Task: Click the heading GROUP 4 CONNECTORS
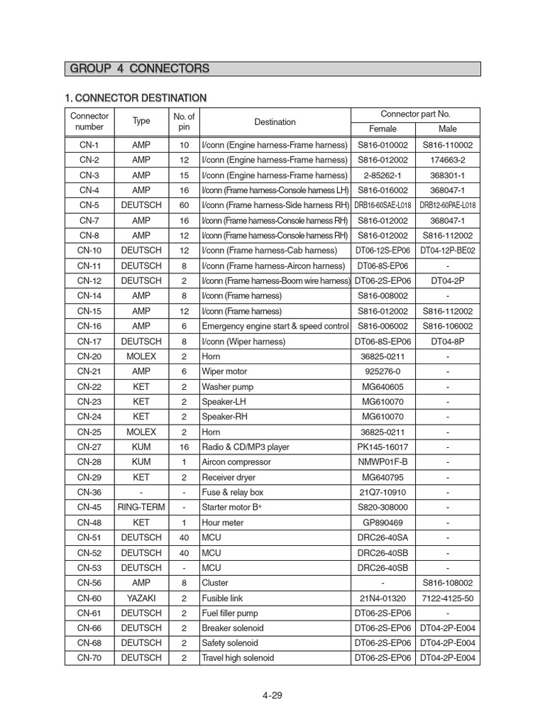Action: [x=139, y=69]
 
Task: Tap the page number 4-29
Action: [x=272, y=695]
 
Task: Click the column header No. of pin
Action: [x=184, y=121]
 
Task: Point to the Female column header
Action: [x=382, y=129]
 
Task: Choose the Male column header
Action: [x=448, y=129]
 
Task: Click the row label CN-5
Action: [x=89, y=205]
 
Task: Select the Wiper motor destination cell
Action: [x=226, y=371]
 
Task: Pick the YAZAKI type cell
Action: [x=141, y=598]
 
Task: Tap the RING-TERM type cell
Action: [x=141, y=508]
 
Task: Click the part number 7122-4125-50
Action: [x=448, y=598]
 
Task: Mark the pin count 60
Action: [x=184, y=205]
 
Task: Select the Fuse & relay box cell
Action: [x=232, y=493]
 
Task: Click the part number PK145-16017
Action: [x=382, y=447]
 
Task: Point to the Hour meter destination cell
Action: [x=223, y=523]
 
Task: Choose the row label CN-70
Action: [x=89, y=658]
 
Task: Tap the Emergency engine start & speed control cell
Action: [x=275, y=326]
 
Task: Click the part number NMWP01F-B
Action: [x=382, y=462]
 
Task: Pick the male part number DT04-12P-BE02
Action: [x=448, y=251]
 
